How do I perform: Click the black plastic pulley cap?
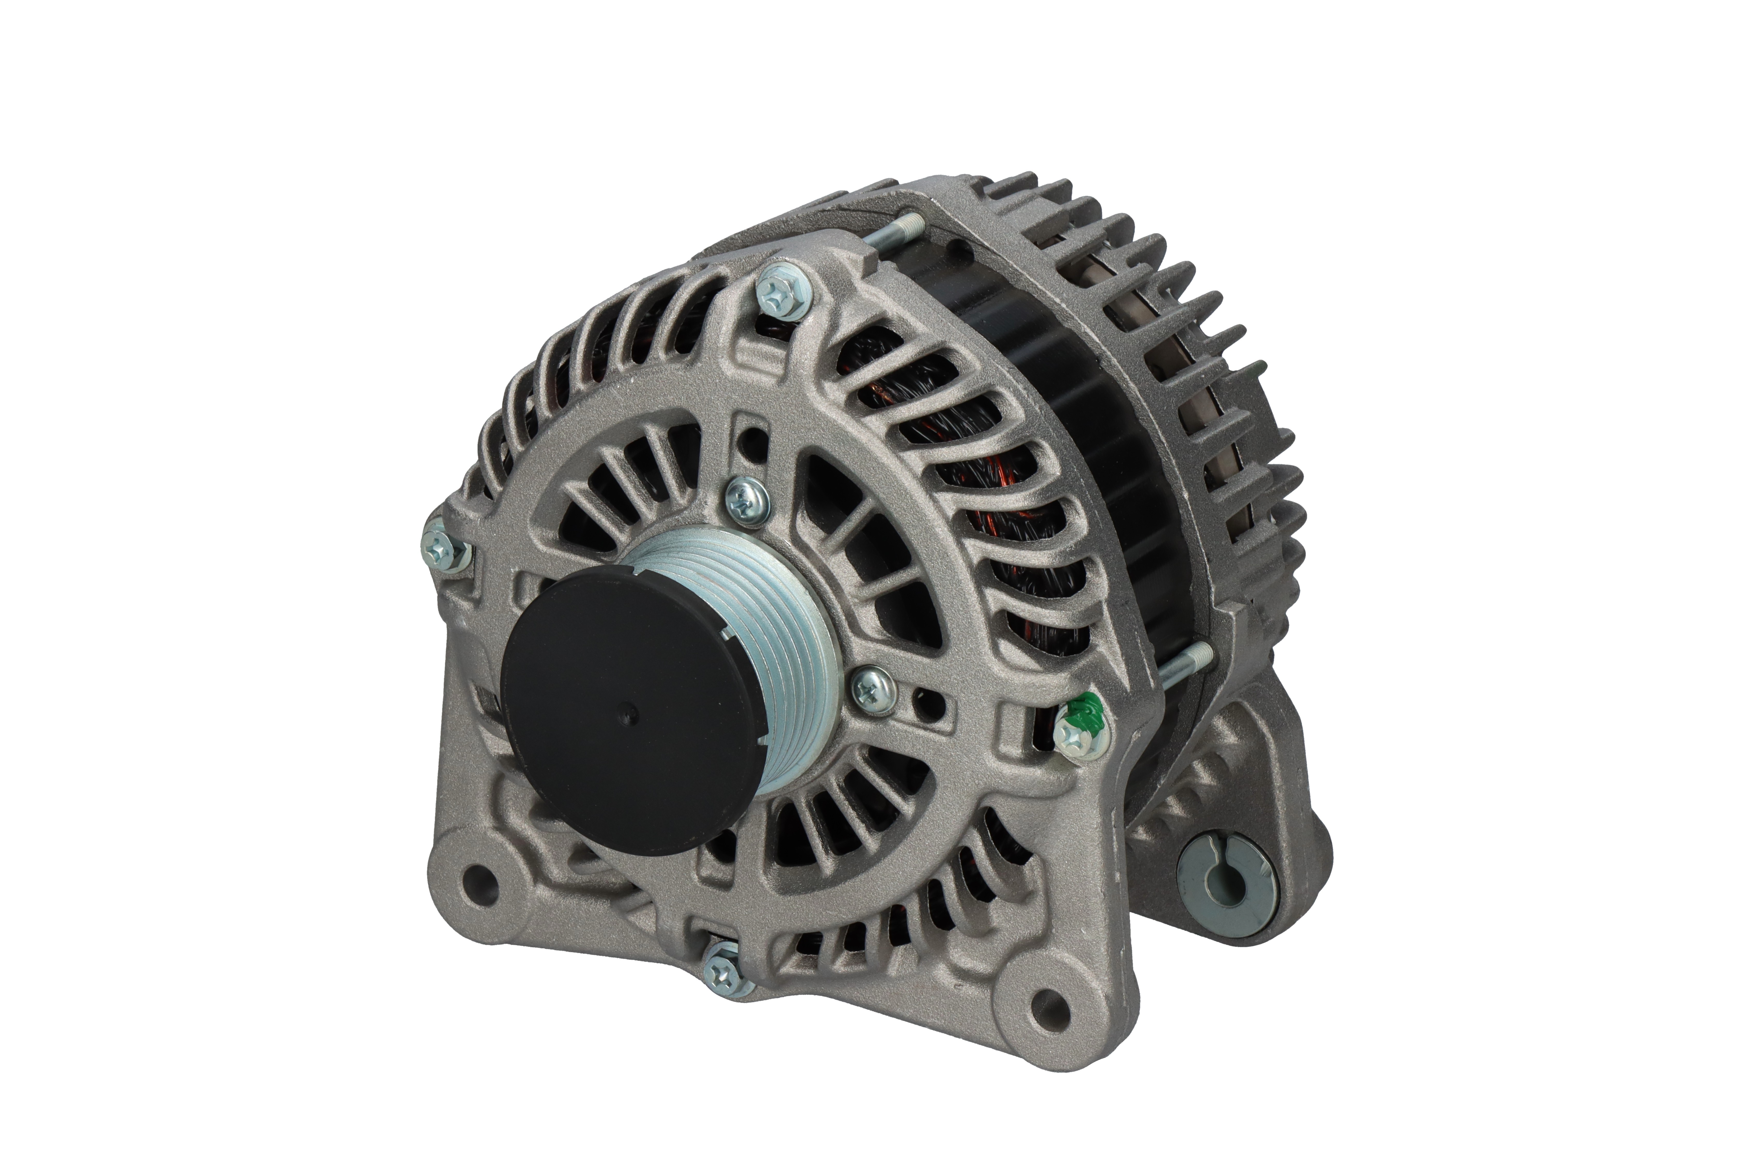click(630, 712)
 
